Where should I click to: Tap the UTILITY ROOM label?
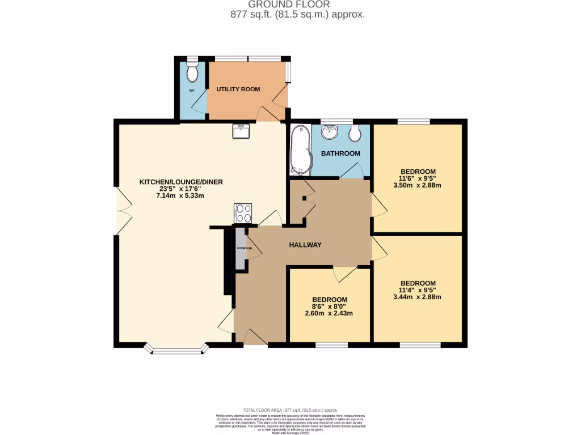(x=238, y=89)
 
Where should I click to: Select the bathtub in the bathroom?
(x=298, y=150)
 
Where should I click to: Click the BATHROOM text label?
(x=340, y=153)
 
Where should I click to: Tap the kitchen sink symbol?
(x=241, y=131)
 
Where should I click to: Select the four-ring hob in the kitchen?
(x=243, y=213)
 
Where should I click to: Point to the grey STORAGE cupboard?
(x=241, y=248)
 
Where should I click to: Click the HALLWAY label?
(x=305, y=245)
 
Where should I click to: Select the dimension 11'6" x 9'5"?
(x=418, y=178)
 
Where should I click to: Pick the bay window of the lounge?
(x=176, y=349)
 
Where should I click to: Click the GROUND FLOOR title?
(x=290, y=5)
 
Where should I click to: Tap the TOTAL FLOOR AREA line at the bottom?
(x=290, y=410)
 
